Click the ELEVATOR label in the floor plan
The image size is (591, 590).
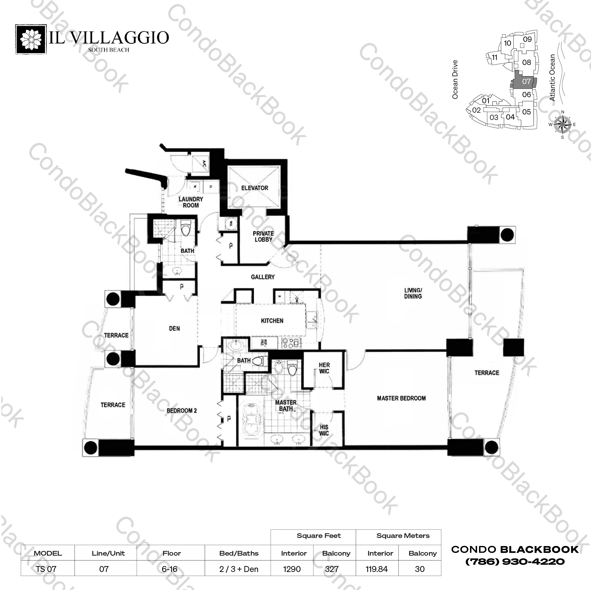tap(255, 188)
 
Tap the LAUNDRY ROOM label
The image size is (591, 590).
tap(191, 202)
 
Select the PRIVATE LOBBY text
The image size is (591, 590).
tap(263, 236)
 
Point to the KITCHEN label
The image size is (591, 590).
tap(272, 321)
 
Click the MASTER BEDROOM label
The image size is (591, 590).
tap(401, 398)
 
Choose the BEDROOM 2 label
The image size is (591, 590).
tap(182, 411)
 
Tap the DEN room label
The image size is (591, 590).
tap(174, 328)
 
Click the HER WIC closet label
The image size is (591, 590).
tap(324, 368)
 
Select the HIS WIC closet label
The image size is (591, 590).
tap(324, 430)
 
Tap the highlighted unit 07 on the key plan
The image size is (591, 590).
tap(526, 81)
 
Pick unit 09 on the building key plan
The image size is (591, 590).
tap(527, 39)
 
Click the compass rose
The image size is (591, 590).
tap(563, 124)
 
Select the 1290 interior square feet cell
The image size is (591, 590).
tap(292, 569)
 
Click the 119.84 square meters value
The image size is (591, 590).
tap(377, 569)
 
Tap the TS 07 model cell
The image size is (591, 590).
tap(46, 569)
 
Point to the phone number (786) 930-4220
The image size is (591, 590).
tap(515, 561)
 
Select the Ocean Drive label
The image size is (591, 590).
tap(455, 79)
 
